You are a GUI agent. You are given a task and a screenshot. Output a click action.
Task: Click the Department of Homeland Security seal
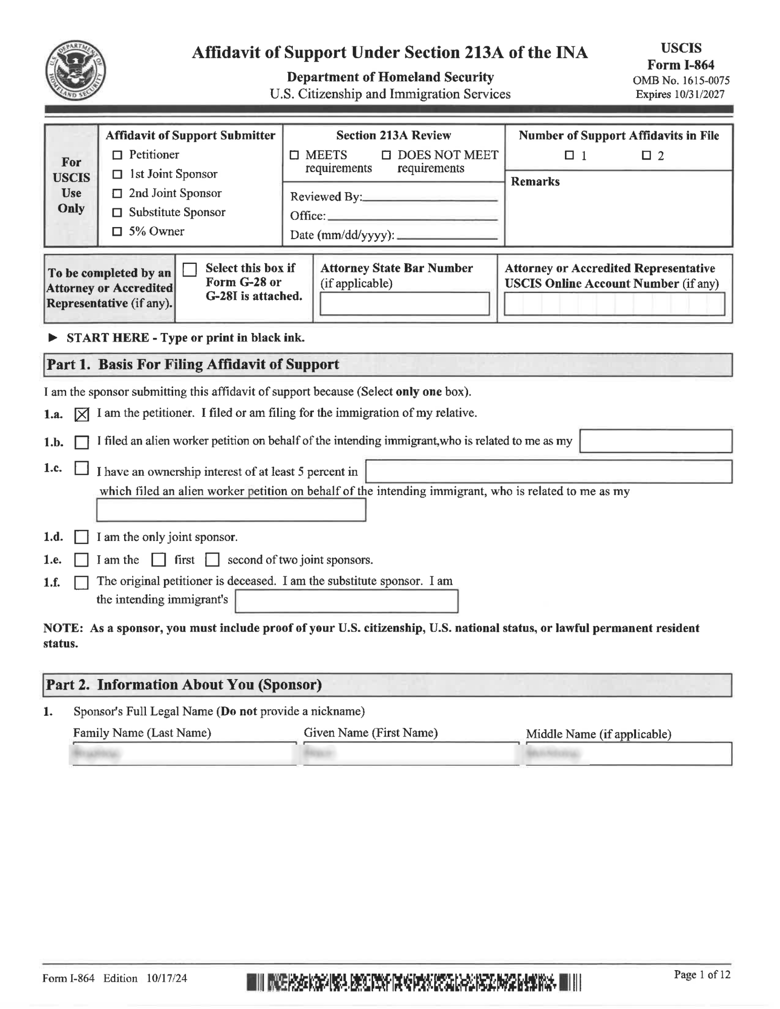pyautogui.click(x=76, y=71)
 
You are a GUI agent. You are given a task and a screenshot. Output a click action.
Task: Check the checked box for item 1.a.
pyautogui.click(x=81, y=414)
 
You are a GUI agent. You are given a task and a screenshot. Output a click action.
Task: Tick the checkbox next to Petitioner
pyautogui.click(x=117, y=155)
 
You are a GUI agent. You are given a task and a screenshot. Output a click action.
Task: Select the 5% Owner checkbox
pyautogui.click(x=117, y=232)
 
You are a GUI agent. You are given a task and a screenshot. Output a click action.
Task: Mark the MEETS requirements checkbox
pyautogui.click(x=294, y=155)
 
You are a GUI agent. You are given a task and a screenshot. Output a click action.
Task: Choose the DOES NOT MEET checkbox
pyautogui.click(x=386, y=155)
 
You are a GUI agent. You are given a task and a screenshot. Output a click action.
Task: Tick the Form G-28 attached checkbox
pyautogui.click(x=190, y=269)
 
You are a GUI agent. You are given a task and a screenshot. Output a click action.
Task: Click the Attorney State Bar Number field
pyautogui.click(x=404, y=304)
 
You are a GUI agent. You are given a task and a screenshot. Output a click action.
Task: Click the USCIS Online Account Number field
pyautogui.click(x=614, y=304)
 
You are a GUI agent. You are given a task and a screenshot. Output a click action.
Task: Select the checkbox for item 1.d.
pyautogui.click(x=81, y=537)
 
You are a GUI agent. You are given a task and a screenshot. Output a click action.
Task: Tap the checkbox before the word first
pyautogui.click(x=159, y=559)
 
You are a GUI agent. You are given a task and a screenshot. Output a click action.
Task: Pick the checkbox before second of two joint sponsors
pyautogui.click(x=212, y=559)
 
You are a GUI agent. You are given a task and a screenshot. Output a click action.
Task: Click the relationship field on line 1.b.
pyautogui.click(x=655, y=441)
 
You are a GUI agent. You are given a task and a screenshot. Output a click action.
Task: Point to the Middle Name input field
pyautogui.click(x=629, y=754)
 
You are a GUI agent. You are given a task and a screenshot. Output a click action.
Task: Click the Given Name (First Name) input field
pyautogui.click(x=411, y=754)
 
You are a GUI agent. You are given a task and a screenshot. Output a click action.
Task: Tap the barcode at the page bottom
pyautogui.click(x=414, y=982)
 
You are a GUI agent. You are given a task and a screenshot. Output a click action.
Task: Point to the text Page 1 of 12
pyautogui.click(x=702, y=974)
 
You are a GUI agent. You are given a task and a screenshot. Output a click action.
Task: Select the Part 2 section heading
pyautogui.click(x=184, y=685)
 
